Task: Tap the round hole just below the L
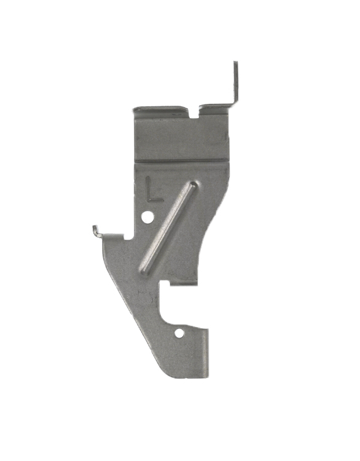click(147, 218)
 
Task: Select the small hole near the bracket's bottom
click(179, 333)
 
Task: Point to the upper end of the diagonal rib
click(193, 185)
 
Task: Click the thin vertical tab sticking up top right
click(235, 83)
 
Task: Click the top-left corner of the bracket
click(135, 109)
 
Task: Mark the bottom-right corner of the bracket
click(207, 376)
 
